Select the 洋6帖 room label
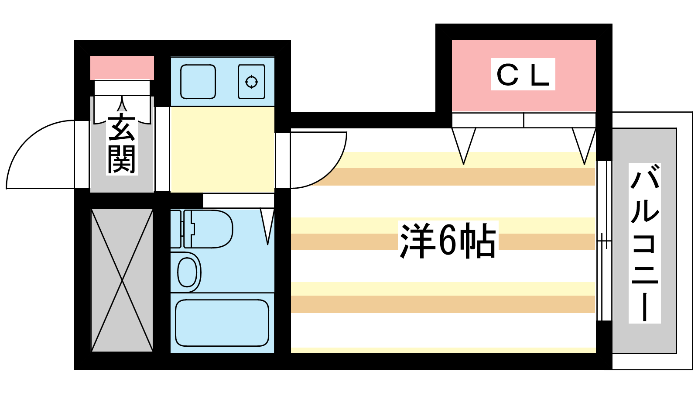448,240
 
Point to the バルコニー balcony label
644,243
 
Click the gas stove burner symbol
251,82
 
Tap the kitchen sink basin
198,82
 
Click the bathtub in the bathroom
222,323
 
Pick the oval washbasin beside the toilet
187,272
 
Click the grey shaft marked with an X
122,281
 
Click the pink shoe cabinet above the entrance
122,68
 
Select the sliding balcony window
604,241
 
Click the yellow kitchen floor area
222,150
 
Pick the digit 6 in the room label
447,241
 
